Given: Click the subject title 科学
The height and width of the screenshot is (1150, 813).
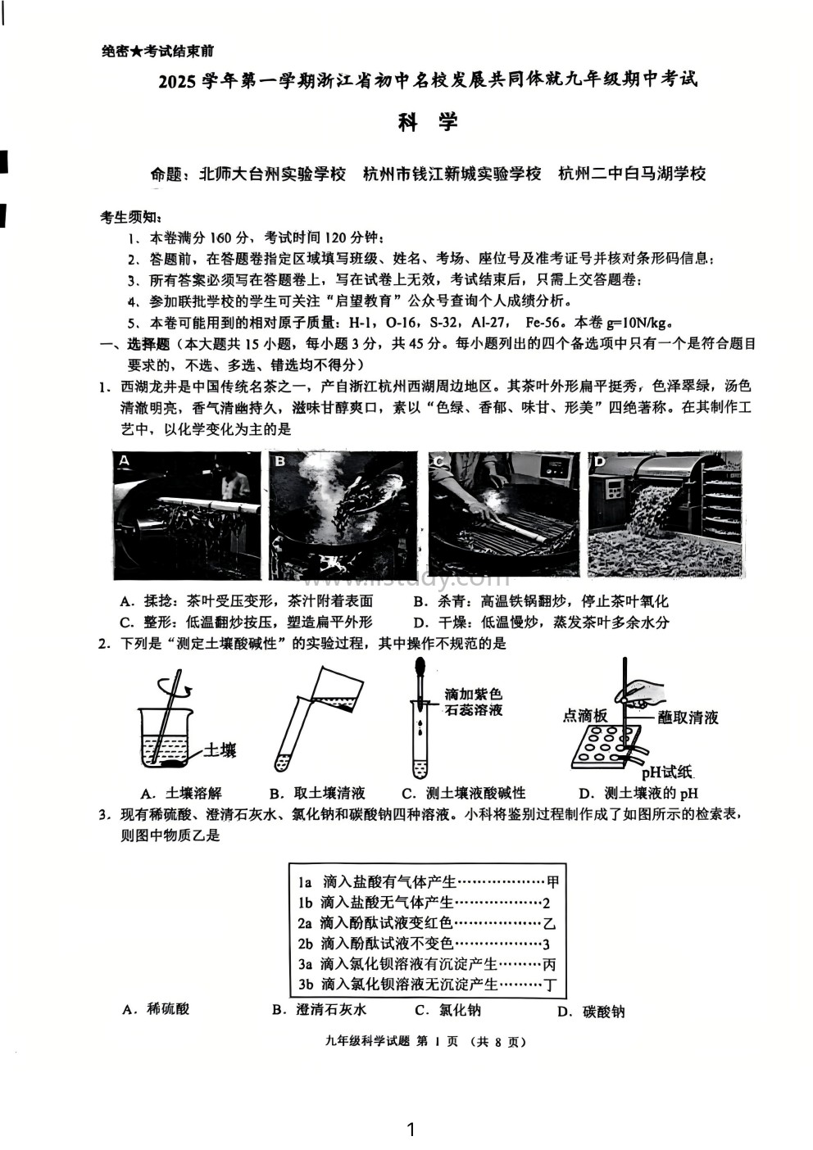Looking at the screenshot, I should pyautogui.click(x=427, y=123).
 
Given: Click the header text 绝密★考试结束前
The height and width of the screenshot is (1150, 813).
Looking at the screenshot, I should pyautogui.click(x=157, y=52).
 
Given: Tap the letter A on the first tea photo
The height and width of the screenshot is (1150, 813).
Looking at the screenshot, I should pyautogui.click(x=125, y=460).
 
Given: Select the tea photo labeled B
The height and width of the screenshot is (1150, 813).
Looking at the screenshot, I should pyautogui.click(x=343, y=514).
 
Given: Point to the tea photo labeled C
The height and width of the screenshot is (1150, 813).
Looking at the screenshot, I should pyautogui.click(x=502, y=514).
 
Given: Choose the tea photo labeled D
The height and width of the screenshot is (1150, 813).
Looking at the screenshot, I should pyautogui.click(x=665, y=514).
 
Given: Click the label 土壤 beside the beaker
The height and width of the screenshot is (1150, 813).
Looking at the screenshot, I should pyautogui.click(x=219, y=749).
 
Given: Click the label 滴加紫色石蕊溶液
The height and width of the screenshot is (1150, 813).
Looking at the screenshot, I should pyautogui.click(x=473, y=702).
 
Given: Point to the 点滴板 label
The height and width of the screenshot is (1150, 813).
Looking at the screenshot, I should pyautogui.click(x=584, y=716).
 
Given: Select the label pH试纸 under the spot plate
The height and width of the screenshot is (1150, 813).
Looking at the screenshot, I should pyautogui.click(x=666, y=772).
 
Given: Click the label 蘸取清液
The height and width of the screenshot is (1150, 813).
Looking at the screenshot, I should pyautogui.click(x=688, y=718).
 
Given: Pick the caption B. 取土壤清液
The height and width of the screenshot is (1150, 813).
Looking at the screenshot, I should pyautogui.click(x=317, y=793).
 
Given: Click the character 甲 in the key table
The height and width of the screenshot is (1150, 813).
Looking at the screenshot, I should pyautogui.click(x=552, y=882).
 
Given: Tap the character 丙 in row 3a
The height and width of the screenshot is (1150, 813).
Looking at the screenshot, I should pyautogui.click(x=549, y=964).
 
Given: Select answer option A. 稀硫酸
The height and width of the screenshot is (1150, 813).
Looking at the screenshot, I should pyautogui.click(x=156, y=1009).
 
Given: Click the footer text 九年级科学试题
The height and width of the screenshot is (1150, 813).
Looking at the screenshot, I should pyautogui.click(x=368, y=1042).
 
